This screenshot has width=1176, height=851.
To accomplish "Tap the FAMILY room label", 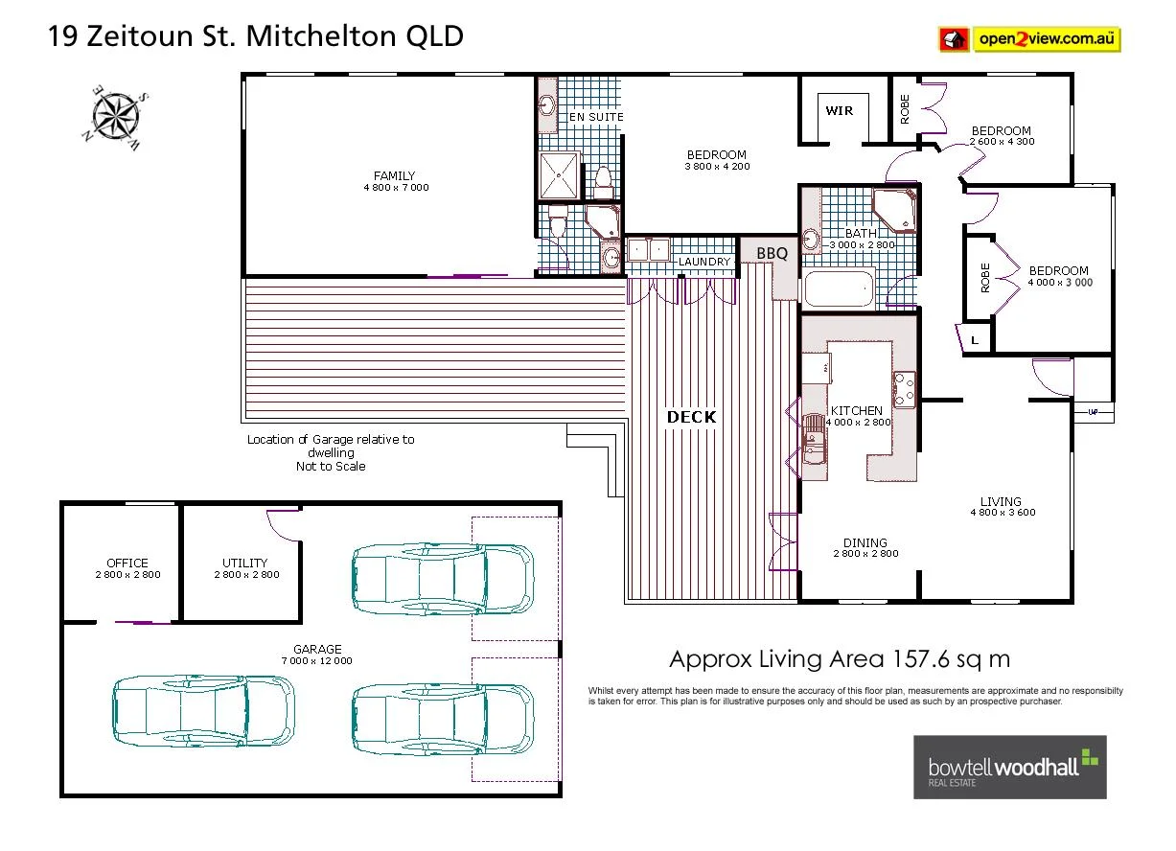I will (395, 175).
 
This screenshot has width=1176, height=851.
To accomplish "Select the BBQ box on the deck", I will (772, 253).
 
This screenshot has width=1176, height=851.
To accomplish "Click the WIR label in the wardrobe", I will (839, 111).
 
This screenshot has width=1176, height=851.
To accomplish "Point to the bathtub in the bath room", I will (839, 288).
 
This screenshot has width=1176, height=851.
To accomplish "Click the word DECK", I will (691, 417).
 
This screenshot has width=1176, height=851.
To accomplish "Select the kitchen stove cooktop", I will (904, 387).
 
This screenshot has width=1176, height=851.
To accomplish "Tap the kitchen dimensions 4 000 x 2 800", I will (857, 422).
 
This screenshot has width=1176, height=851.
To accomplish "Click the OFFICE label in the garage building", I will (127, 563).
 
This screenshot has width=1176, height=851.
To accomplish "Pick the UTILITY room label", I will (245, 563).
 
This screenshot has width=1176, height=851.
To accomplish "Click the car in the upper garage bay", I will (443, 578).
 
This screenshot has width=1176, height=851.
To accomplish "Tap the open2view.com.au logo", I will (1029, 39).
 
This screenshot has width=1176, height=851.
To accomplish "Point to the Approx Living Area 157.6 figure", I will (839, 659).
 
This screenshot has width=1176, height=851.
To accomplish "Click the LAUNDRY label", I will (704, 262).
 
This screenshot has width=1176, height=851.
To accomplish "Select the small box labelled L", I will (975, 340).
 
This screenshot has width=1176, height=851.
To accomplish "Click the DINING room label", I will (865, 543).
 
